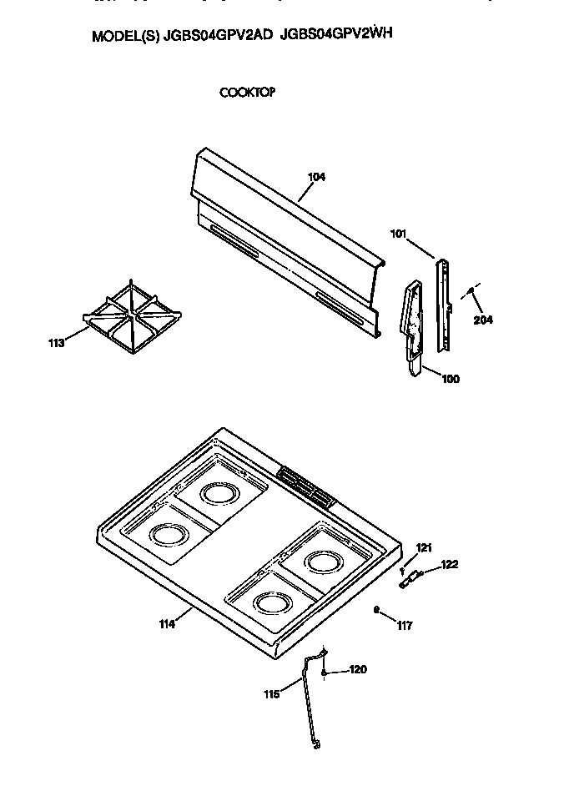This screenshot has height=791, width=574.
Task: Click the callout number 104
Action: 316,177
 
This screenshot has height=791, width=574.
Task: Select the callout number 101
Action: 398,234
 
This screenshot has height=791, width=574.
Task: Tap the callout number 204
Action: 482,320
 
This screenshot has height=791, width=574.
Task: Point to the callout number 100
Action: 450,379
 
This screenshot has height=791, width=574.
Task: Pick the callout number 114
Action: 167,623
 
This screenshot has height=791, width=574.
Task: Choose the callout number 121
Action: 425,547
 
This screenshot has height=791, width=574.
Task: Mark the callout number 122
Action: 450,565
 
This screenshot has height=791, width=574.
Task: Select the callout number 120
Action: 357,669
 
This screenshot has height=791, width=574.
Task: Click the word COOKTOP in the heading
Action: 247,93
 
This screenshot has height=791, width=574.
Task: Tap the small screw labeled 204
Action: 471,291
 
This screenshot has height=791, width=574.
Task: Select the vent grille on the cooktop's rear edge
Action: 305,486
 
